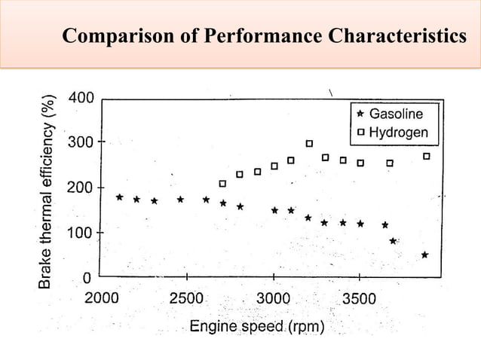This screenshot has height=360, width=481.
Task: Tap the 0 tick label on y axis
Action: click(x=87, y=278)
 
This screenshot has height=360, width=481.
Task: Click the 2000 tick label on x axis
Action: click(x=100, y=297)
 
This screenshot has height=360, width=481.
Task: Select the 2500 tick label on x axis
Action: click(x=185, y=297)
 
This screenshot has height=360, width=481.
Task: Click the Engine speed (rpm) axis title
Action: click(x=257, y=327)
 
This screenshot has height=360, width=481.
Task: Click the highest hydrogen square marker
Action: click(x=309, y=143)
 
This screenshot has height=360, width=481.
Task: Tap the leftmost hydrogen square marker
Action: click(x=222, y=184)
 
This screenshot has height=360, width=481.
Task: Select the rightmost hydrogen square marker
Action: click(x=427, y=157)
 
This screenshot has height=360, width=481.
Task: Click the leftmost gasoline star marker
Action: click(x=120, y=197)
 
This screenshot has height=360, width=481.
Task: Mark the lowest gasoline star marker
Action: click(x=425, y=255)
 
